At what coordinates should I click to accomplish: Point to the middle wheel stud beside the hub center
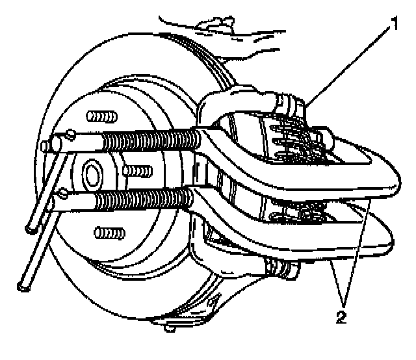pos(137,170)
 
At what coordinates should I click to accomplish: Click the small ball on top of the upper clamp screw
pos(70,134)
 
